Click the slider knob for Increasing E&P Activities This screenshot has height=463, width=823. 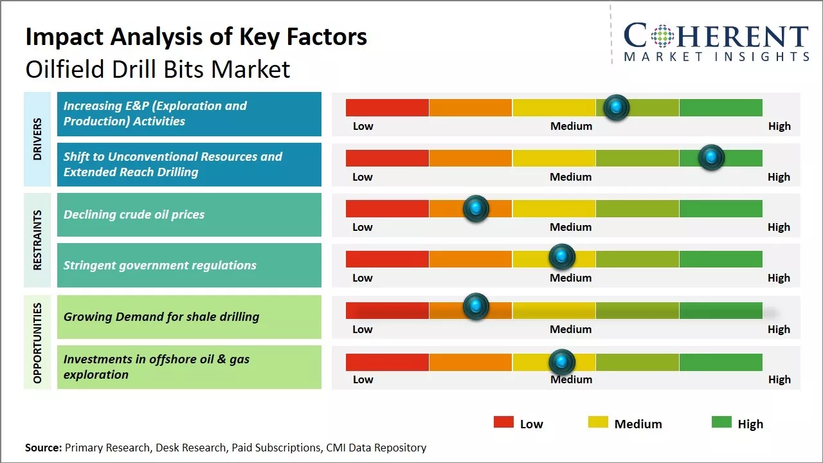617,107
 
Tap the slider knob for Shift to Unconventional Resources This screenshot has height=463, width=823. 711,158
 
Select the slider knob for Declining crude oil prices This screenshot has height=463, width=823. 476,208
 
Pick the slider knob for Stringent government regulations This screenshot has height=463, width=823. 562,257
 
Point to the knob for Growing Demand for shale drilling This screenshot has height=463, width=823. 476,306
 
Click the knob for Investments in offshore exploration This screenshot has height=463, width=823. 562,362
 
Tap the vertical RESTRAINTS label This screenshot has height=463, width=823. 37,239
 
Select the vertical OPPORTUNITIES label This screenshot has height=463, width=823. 37,343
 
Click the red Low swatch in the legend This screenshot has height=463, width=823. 503,422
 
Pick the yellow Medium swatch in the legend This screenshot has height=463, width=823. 598,422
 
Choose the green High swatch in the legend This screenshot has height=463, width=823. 721,422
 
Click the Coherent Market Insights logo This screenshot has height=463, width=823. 716,42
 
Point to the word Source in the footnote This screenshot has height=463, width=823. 43,448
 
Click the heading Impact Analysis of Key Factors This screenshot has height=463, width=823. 196,37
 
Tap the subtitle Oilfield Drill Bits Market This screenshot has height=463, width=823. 158,69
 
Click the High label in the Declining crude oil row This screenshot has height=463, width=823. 779,227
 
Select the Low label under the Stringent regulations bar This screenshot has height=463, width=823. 363,278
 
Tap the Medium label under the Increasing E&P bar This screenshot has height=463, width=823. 571,126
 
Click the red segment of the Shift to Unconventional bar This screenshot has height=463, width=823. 387,158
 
